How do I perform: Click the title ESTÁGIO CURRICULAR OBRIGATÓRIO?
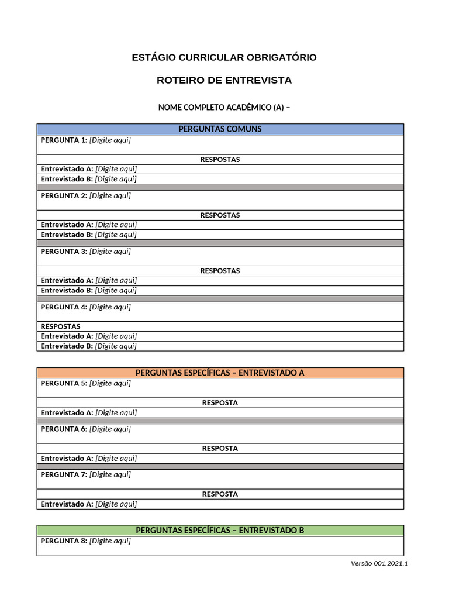coord(224,57)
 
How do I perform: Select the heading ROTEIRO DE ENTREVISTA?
coord(224,80)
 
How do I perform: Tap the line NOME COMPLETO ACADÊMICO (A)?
coord(224,108)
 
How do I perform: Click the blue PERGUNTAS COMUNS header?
coord(220,129)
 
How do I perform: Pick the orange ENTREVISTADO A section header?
coord(220,373)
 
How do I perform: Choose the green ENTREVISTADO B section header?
coord(220,531)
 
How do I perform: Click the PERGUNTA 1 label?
coord(64,140)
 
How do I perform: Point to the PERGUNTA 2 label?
coord(64,196)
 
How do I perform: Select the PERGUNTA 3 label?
coord(64,252)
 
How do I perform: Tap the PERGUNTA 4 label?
coord(64,307)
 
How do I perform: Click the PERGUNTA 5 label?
coord(64,384)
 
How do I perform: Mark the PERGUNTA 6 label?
coord(64,429)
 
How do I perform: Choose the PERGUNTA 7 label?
coord(64,475)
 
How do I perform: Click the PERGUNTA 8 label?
coord(64,541)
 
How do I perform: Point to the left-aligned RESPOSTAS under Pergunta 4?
coord(60,326)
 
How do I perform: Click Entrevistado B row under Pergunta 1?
coord(88,179)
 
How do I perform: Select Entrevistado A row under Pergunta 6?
coord(88,459)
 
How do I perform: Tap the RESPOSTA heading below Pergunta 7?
coord(220,494)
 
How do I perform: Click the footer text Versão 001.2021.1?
coord(379,563)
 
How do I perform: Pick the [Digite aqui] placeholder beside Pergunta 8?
coord(110,541)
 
